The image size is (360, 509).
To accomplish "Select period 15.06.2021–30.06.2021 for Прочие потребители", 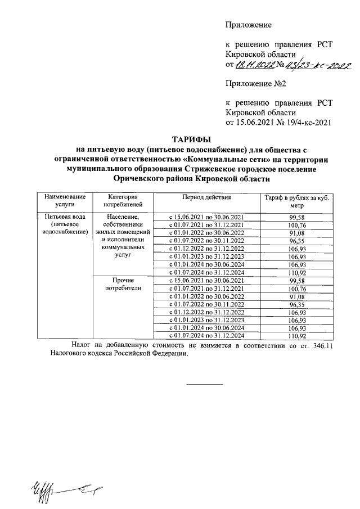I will point(206,280).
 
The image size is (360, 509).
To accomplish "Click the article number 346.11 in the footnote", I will point(322,345).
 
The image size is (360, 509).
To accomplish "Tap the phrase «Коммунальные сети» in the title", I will point(224,159).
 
